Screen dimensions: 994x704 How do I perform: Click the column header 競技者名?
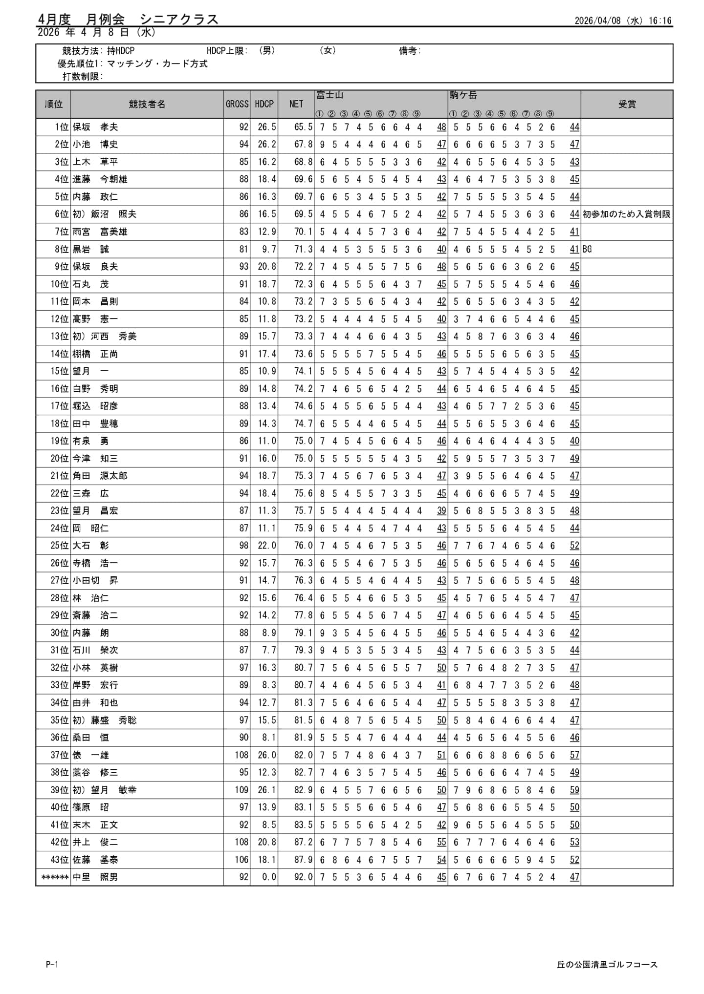click(x=147, y=104)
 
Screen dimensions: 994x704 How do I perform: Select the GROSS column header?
click(x=237, y=104)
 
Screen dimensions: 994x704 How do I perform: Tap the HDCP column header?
click(x=264, y=104)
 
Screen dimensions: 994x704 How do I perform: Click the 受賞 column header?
click(x=626, y=104)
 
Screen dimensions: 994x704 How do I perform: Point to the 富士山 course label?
click(x=330, y=95)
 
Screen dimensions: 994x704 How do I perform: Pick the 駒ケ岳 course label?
click(x=463, y=95)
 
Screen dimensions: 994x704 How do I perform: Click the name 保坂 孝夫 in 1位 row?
click(x=95, y=127)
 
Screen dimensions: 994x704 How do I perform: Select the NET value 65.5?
click(x=303, y=127)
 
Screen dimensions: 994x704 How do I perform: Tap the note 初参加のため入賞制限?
click(x=626, y=214)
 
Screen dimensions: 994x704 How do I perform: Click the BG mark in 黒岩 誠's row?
click(x=587, y=249)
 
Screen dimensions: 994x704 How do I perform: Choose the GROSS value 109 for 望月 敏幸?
click(x=242, y=790)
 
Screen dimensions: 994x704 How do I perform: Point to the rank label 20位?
click(x=60, y=459)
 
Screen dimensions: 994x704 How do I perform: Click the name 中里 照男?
click(x=95, y=877)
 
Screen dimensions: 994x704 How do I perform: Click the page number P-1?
click(x=52, y=964)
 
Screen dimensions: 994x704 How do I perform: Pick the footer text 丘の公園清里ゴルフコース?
click(x=607, y=964)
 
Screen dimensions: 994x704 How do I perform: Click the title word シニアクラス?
click(x=179, y=19)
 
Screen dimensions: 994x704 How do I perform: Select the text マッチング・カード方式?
click(x=157, y=64)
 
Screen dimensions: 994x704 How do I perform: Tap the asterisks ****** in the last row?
click(x=55, y=877)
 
